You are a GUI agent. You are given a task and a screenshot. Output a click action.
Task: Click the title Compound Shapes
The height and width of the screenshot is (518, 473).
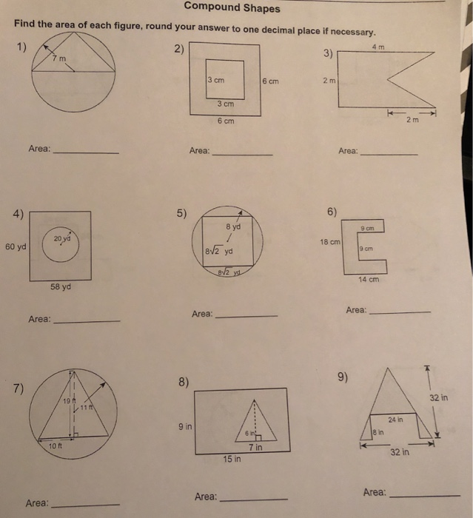pos(232,8)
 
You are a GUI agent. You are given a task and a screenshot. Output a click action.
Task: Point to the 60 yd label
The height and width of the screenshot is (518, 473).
pos(14,246)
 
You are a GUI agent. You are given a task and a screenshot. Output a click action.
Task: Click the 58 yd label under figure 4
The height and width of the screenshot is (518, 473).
pos(60,286)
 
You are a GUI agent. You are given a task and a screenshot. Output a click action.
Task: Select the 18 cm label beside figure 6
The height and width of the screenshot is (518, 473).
pos(329,242)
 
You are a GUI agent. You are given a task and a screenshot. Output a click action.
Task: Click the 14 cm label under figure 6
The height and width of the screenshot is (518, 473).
pos(369,279)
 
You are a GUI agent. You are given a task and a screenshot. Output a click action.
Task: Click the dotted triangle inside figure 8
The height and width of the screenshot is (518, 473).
pos(254,425)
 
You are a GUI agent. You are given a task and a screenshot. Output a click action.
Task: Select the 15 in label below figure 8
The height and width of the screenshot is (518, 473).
pos(232,460)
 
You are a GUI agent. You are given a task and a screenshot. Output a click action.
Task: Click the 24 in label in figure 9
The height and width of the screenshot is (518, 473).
pos(397,420)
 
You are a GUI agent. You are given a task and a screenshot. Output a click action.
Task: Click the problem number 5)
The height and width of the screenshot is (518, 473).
pos(182,215)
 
